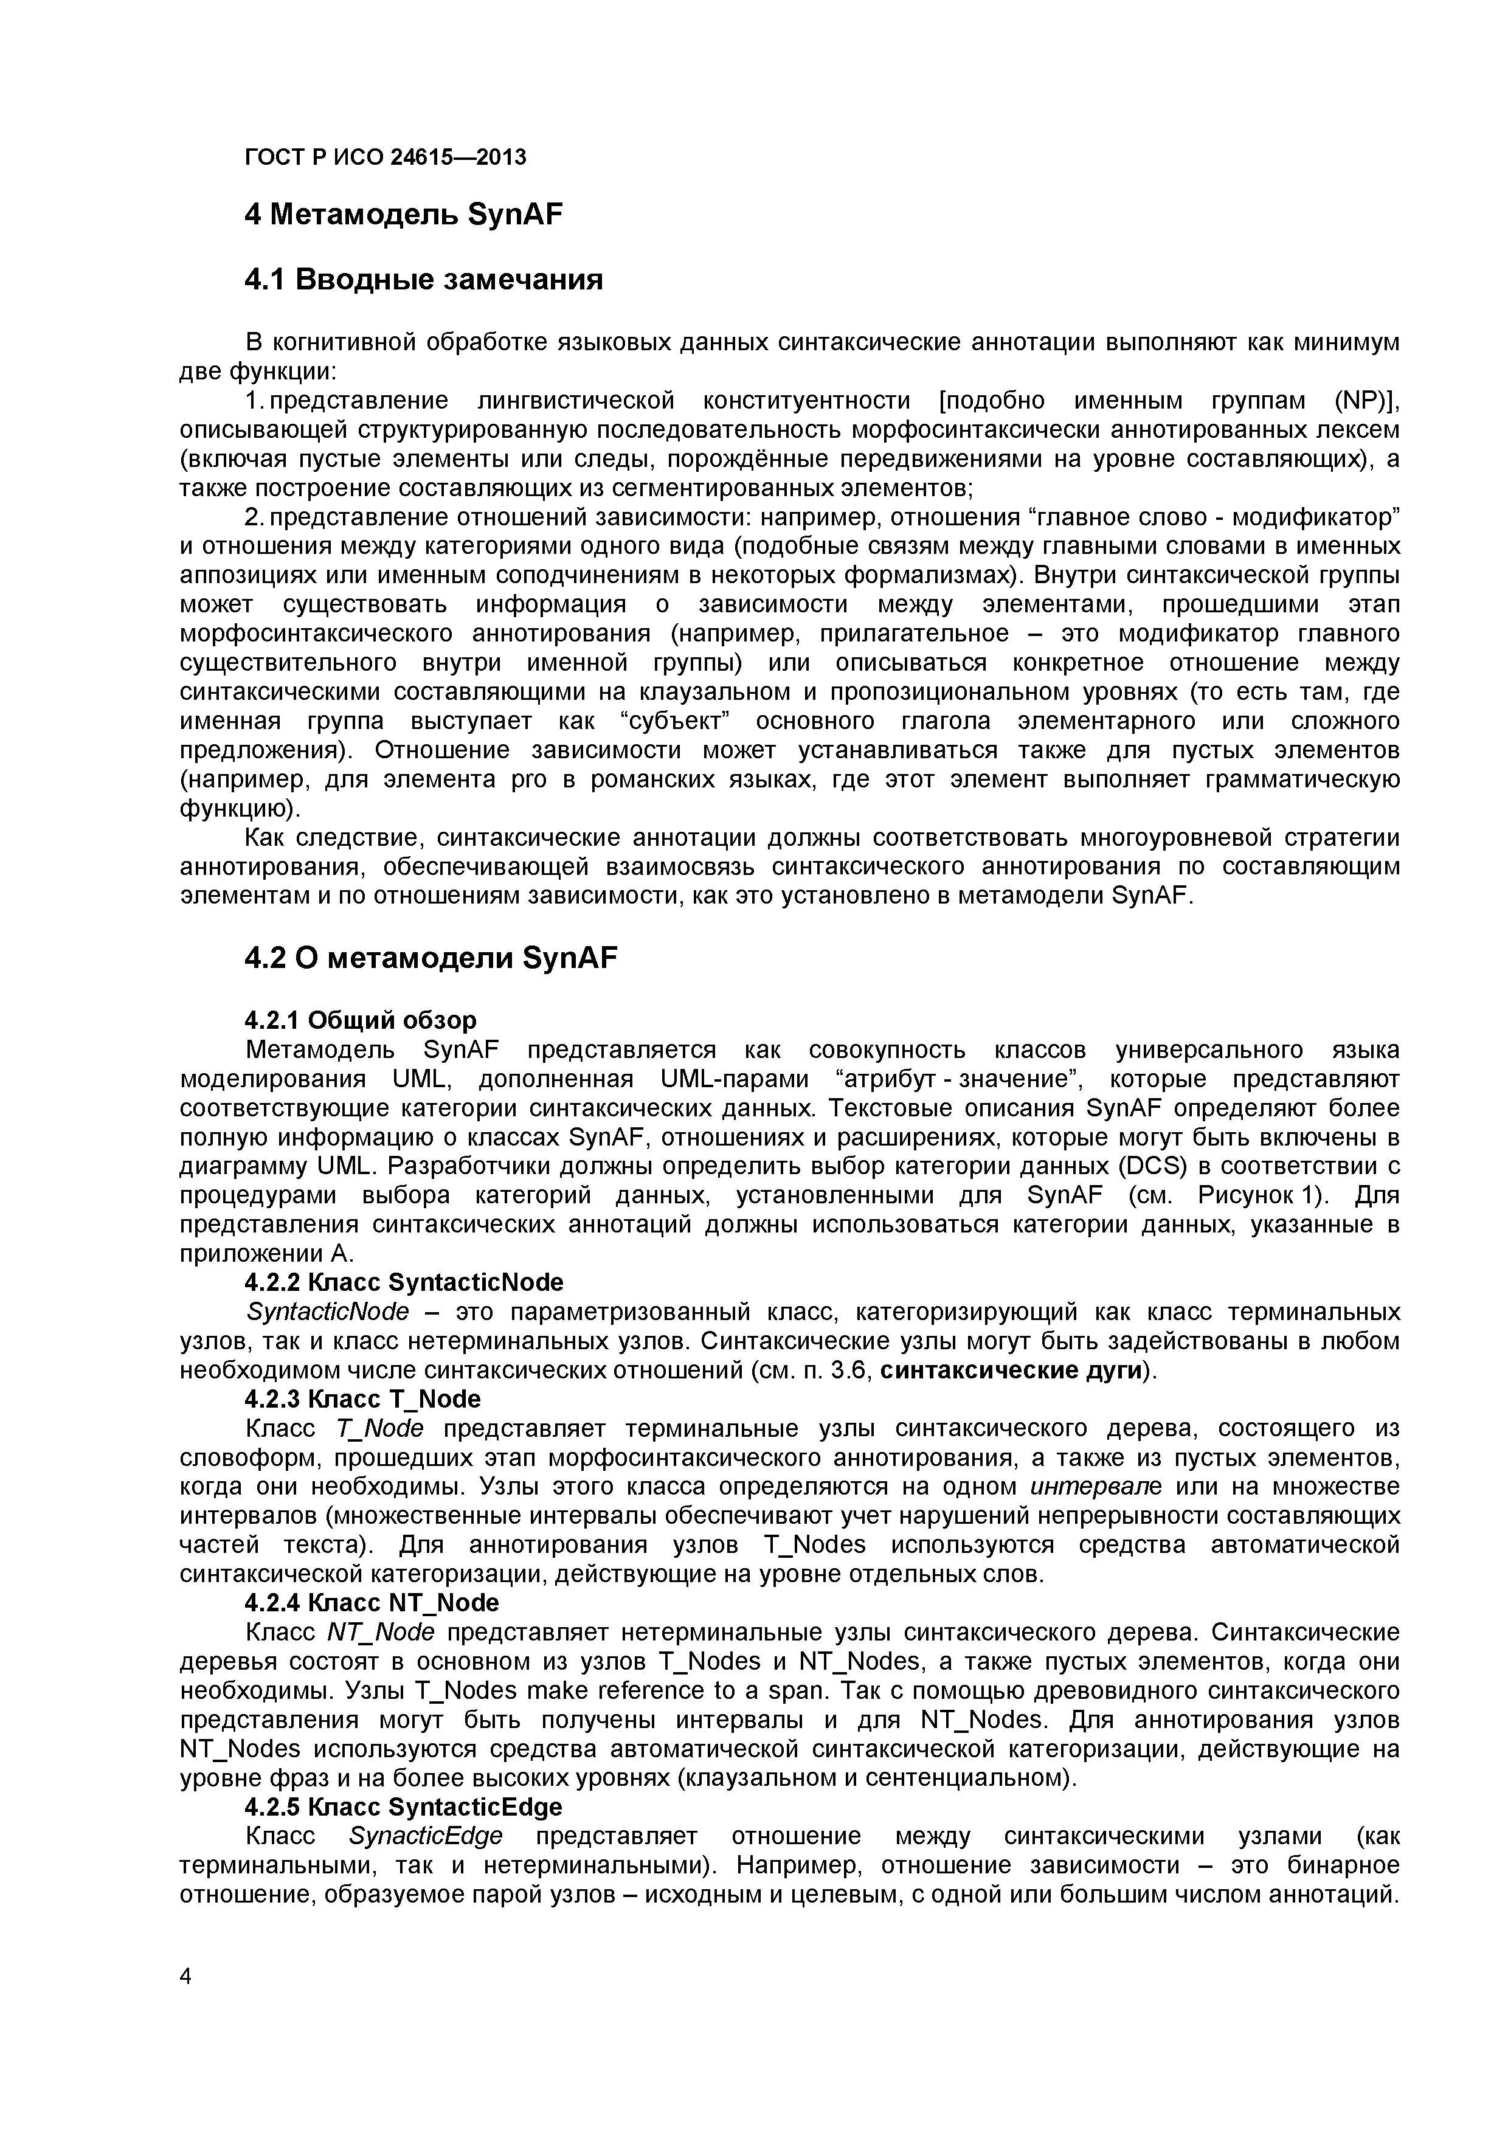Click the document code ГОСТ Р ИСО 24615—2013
pyautogui.click(x=385, y=157)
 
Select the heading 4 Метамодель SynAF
pyautogui.click(x=403, y=215)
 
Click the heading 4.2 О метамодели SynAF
pyautogui.click(x=430, y=958)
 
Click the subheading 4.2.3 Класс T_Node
pyautogui.click(x=362, y=1399)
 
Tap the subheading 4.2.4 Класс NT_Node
pyautogui.click(x=371, y=1603)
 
